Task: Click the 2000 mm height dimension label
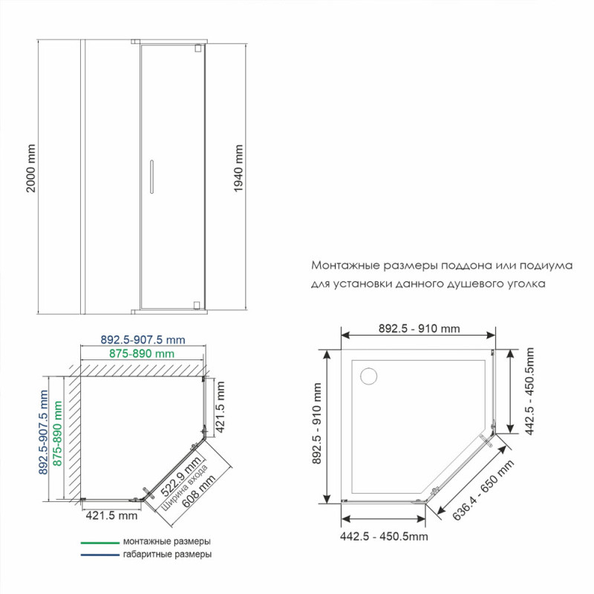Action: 30,169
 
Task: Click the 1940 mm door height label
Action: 238,169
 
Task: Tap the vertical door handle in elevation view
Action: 151,177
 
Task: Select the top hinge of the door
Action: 198,48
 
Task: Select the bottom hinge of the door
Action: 197,305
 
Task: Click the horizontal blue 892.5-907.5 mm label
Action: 143,340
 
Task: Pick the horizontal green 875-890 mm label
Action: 142,354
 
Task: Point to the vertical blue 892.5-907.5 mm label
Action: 43,432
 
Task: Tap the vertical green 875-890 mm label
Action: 57,434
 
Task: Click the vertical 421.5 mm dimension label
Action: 220,406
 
